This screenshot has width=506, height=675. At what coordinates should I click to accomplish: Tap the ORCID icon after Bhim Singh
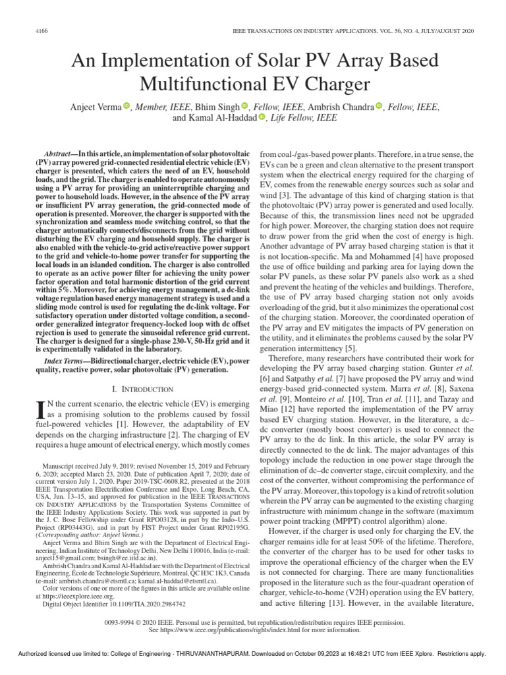click(x=244, y=107)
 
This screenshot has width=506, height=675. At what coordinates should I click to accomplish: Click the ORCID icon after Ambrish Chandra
click(x=379, y=107)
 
